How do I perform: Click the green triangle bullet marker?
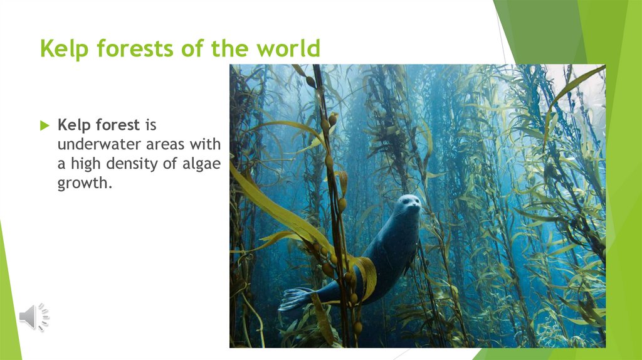click(x=44, y=125)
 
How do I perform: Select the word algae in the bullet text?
click(x=200, y=164)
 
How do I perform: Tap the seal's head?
click(x=409, y=205)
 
